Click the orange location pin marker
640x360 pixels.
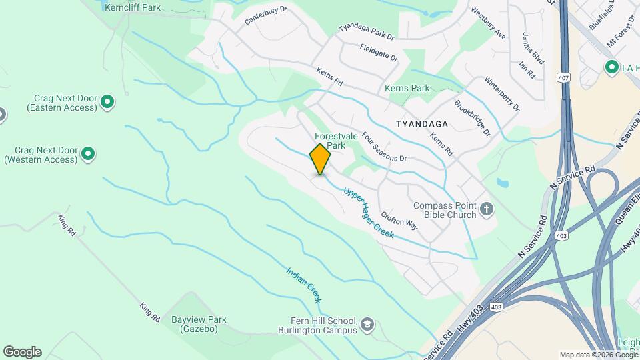[320, 159]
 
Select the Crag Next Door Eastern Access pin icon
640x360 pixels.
[107, 102]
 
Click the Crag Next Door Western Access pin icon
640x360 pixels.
[87, 155]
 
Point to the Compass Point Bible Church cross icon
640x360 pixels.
[487, 210]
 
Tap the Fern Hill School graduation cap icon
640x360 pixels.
[366, 325]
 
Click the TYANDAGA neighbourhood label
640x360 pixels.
[421, 124]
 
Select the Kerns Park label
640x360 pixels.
[407, 88]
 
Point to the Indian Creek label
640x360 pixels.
[304, 285]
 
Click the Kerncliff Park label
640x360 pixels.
[133, 7]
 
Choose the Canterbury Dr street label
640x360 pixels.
[265, 16]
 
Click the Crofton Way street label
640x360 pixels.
[399, 221]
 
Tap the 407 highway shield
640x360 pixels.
[564, 78]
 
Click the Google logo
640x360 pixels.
[22, 352]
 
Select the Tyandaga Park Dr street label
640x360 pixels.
[367, 30]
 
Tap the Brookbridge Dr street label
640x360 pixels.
[472, 119]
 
